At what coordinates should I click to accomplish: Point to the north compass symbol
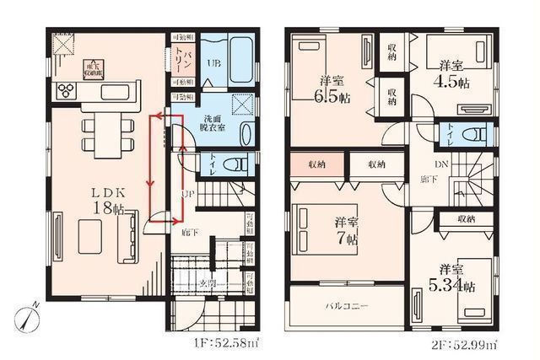coord(27,316)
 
